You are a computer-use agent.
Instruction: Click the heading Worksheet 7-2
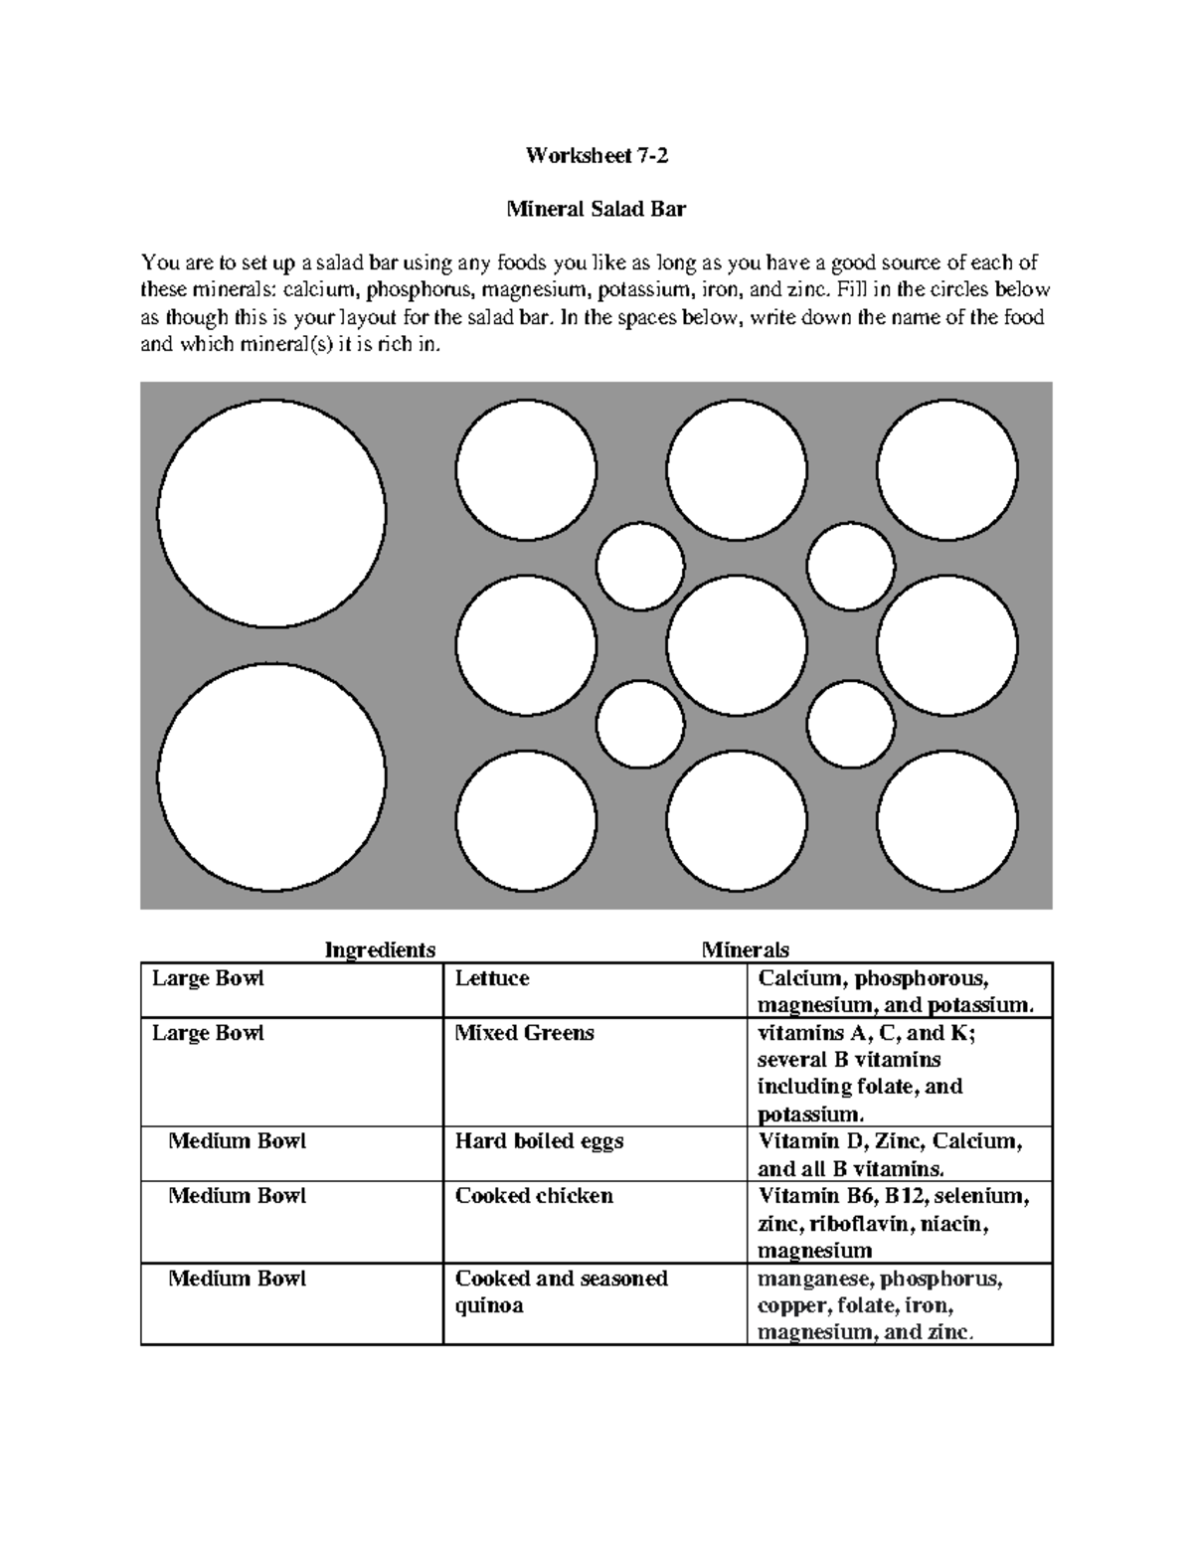pos(596,155)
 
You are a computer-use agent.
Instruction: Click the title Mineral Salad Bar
pos(596,210)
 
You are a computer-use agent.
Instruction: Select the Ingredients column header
pos(380,949)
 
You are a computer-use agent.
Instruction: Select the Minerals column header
pos(745,949)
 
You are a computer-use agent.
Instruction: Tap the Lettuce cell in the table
pos(492,979)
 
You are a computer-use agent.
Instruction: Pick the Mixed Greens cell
pos(524,1034)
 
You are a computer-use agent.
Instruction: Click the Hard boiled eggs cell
pos(539,1141)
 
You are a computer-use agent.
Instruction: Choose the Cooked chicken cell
pos(534,1196)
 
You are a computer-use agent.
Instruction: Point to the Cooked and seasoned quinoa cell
pos(561,1291)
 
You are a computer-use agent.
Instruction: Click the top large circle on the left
pos(271,513)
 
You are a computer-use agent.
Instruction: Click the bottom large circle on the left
pos(271,778)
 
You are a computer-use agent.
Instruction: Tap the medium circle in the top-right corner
pos(946,470)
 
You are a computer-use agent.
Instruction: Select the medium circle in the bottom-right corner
pos(946,821)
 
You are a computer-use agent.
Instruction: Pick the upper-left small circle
pos(640,566)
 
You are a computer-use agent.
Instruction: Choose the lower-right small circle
pos(850,724)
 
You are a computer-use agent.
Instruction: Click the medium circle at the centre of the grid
pos(737,645)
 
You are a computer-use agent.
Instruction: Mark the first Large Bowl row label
pos(208,979)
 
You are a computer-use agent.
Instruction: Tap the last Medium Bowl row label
pos(237,1279)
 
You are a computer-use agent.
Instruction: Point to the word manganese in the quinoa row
pos(813,1279)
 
